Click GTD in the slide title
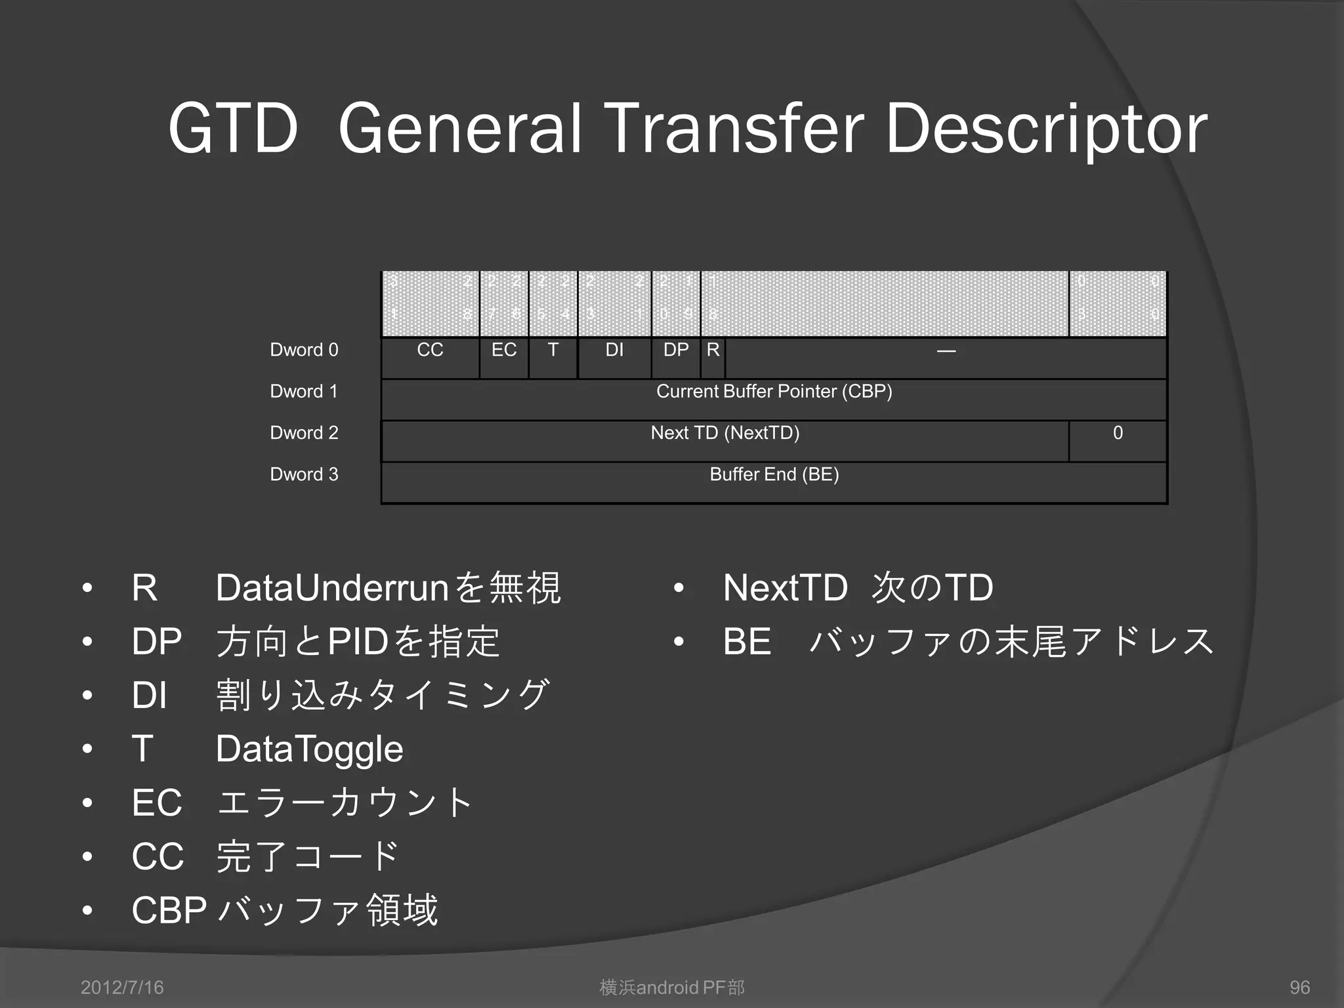[233, 129]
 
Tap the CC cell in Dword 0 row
[430, 350]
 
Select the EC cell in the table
[504, 350]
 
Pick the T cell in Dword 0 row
[553, 350]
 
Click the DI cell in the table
[614, 350]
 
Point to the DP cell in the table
[676, 350]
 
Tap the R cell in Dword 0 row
[713, 350]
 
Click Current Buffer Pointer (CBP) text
[774, 392]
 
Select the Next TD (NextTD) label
[725, 433]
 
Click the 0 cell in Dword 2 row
[1118, 433]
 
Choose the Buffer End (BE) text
[774, 474]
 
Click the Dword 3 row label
[304, 474]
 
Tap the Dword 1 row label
[304, 392]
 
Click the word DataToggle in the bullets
[309, 749]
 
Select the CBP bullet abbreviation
[169, 911]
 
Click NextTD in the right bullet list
[785, 588]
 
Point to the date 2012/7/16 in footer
[122, 988]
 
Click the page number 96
[1299, 988]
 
